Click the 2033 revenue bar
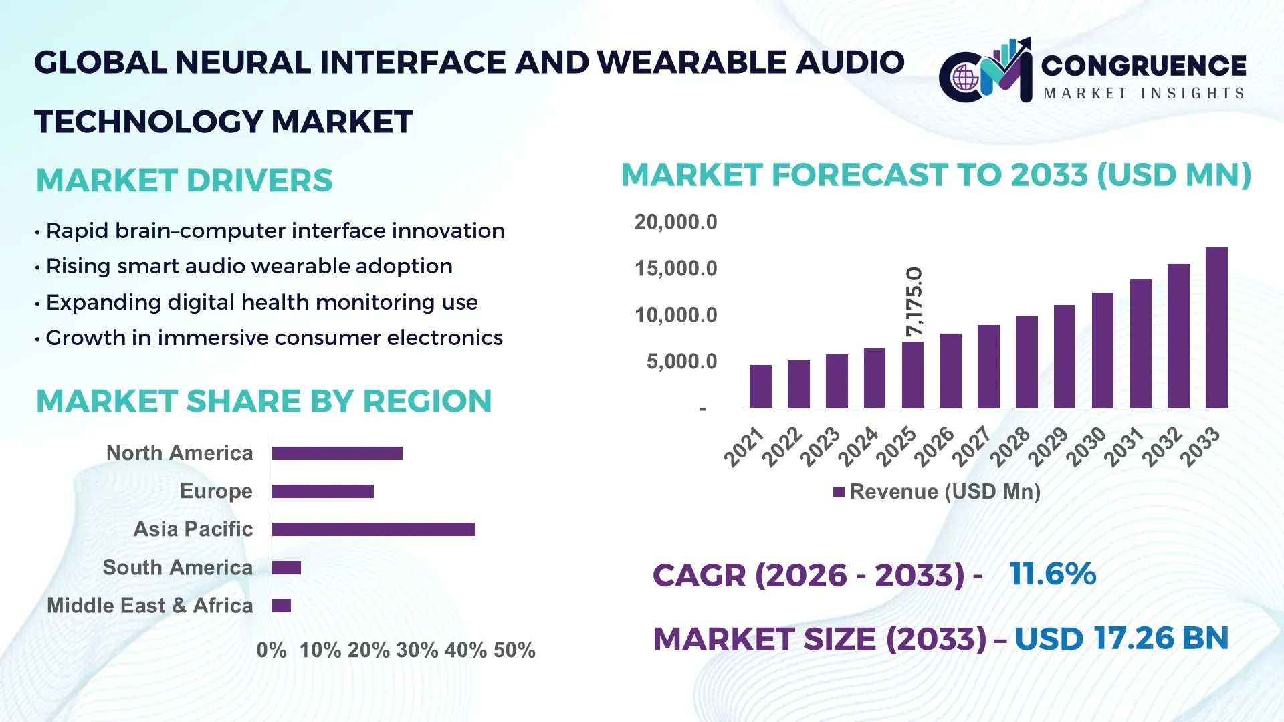click(1216, 328)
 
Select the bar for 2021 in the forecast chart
click(760, 386)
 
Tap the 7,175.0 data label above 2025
click(914, 302)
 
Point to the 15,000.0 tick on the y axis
click(675, 269)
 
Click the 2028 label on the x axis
click(1010, 446)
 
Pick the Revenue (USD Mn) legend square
click(839, 492)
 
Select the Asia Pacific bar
click(373, 529)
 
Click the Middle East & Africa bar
click(282, 606)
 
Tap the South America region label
click(177, 568)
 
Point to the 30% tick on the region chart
click(417, 650)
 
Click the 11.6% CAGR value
click(1053, 574)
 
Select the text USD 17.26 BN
click(1121, 638)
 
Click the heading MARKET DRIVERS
click(185, 180)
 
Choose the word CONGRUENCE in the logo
click(1144, 66)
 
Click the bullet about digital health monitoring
click(261, 302)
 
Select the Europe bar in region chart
click(322, 491)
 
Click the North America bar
click(337, 453)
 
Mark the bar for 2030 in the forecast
click(1102, 350)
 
